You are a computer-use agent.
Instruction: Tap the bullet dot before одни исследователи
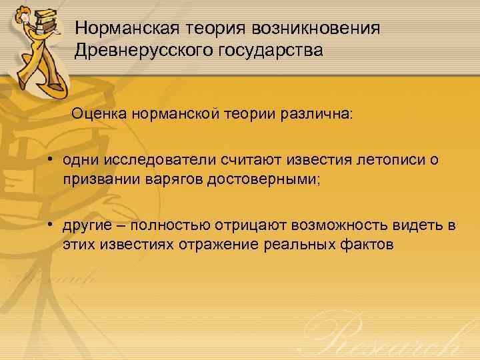tap(50, 160)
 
